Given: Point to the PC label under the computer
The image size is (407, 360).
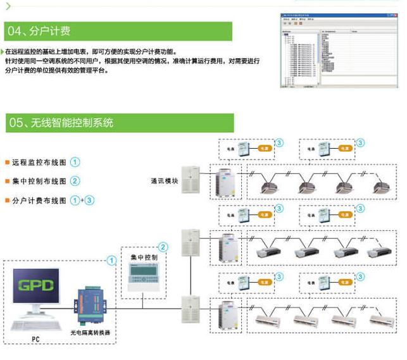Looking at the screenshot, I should tap(35, 339).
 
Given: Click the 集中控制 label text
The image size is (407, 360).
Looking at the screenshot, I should tap(144, 258).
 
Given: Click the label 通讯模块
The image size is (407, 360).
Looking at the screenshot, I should tap(165, 180).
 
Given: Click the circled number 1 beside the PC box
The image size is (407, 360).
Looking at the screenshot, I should tap(112, 260).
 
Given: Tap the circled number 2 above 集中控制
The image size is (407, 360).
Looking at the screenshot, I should tap(163, 247).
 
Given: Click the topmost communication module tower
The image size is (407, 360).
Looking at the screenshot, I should tap(191, 180).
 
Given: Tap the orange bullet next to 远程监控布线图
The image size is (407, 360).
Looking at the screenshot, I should tap(6, 162).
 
